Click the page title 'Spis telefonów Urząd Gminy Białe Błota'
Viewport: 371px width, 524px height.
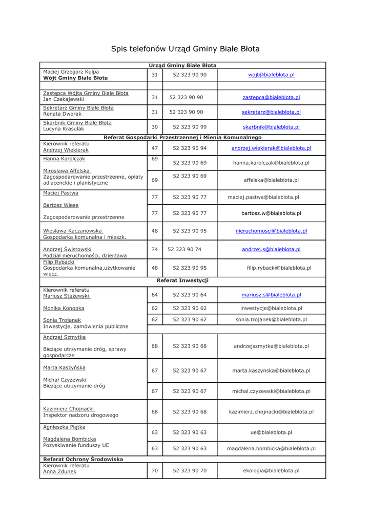point(186,49)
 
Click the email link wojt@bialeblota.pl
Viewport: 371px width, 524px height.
point(271,75)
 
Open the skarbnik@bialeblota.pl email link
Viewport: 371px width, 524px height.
point(271,127)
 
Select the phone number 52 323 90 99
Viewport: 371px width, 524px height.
point(190,127)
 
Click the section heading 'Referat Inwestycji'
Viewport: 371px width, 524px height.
point(182,281)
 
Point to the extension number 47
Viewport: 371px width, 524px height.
point(155,148)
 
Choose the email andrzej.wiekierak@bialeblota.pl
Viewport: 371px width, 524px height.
point(271,148)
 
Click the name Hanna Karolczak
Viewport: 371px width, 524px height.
point(64,159)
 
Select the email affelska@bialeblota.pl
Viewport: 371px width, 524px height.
point(271,180)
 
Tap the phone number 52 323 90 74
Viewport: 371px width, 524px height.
point(184,249)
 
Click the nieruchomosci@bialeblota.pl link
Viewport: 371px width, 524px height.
point(271,231)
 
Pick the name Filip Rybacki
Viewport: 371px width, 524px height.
point(58,262)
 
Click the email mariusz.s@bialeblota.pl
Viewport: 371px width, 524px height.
point(271,295)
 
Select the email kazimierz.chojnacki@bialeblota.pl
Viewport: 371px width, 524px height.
point(271,411)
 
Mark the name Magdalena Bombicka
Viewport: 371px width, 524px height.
point(69,439)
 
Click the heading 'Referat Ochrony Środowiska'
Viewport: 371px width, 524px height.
point(83,460)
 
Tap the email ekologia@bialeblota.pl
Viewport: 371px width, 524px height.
point(271,470)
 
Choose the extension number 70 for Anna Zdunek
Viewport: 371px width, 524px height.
point(155,470)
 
